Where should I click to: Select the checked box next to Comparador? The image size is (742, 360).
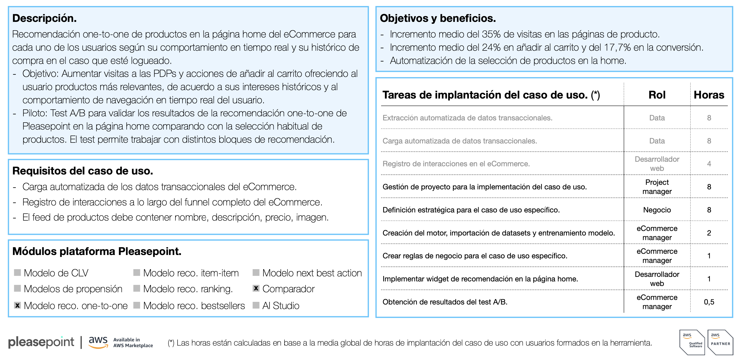pos(256,288)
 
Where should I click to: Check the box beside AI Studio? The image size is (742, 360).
pos(256,305)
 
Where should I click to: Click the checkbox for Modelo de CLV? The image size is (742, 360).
pos(18,273)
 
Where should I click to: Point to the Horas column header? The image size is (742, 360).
pos(709,95)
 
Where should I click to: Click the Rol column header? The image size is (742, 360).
pos(657,95)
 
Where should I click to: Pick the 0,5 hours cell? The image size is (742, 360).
pos(709,302)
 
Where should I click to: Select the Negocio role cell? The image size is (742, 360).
pos(657,210)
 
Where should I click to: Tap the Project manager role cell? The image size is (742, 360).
pos(657,187)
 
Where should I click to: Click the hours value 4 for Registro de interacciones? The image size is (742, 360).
pos(709,164)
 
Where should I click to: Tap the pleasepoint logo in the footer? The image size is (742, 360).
pos(41,342)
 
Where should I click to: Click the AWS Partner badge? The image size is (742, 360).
pos(720,342)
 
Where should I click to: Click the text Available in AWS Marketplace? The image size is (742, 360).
pos(133,343)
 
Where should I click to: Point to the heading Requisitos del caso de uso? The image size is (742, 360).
pos(83,171)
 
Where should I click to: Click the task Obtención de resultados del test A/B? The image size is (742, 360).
pos(445,302)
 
